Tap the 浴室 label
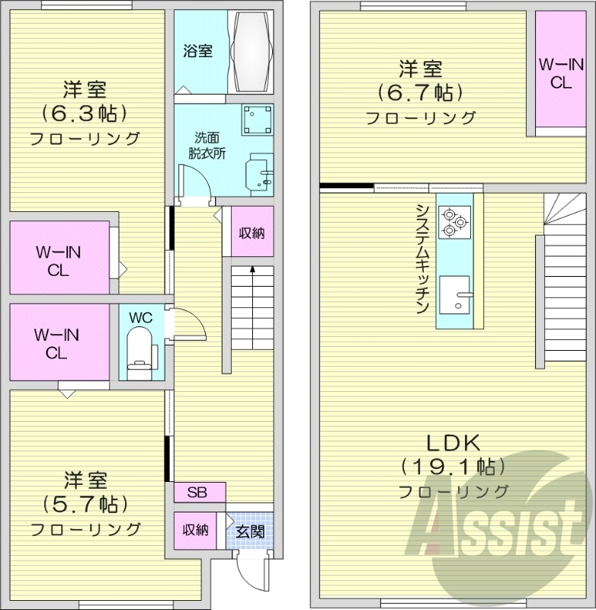coord(197,52)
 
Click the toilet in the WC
coord(139,352)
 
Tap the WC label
coord(139,316)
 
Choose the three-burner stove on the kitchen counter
coord(454,220)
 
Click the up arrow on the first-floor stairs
coord(252,271)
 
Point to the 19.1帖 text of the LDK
coord(453,466)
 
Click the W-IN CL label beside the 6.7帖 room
coord(560,74)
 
